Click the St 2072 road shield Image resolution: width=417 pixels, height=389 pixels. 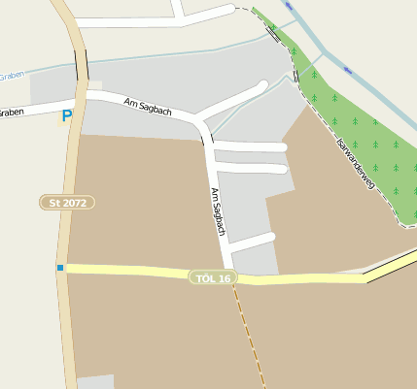[x=67, y=203]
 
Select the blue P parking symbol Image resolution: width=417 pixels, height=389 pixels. [x=66, y=116]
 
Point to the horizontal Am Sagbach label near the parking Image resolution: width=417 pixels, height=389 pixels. [x=148, y=106]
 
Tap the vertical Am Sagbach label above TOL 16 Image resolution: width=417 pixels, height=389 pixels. [x=218, y=212]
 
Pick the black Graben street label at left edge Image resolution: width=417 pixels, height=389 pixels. [x=11, y=113]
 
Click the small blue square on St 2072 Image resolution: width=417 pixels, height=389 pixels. [x=60, y=268]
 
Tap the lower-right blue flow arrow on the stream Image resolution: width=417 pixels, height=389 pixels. [x=346, y=70]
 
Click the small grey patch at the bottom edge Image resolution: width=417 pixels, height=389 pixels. [x=95, y=382]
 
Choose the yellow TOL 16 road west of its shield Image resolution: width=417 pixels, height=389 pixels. [x=126, y=271]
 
